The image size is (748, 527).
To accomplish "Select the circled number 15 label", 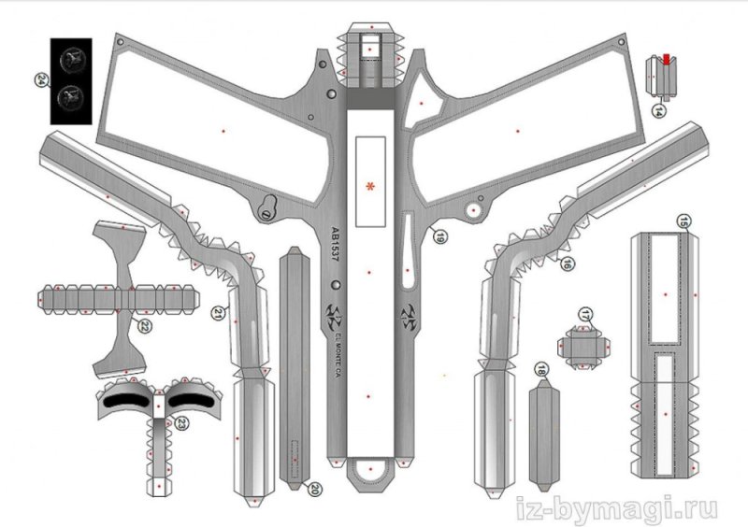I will tap(684, 221).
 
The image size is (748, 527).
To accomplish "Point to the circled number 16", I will tap(567, 264).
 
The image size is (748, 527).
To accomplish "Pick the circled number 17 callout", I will tap(586, 313).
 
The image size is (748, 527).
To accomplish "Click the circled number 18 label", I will tap(540, 371).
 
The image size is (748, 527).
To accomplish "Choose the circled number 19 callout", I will tap(438, 236).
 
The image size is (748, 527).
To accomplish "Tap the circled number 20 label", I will tap(315, 488).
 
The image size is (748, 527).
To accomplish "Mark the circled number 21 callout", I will tap(218, 314).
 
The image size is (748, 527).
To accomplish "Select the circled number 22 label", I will tap(146, 326).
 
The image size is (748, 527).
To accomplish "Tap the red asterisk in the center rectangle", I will tap(371, 188).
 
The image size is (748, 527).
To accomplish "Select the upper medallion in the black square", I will tap(71, 63).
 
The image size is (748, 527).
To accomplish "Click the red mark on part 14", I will tap(666, 60).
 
